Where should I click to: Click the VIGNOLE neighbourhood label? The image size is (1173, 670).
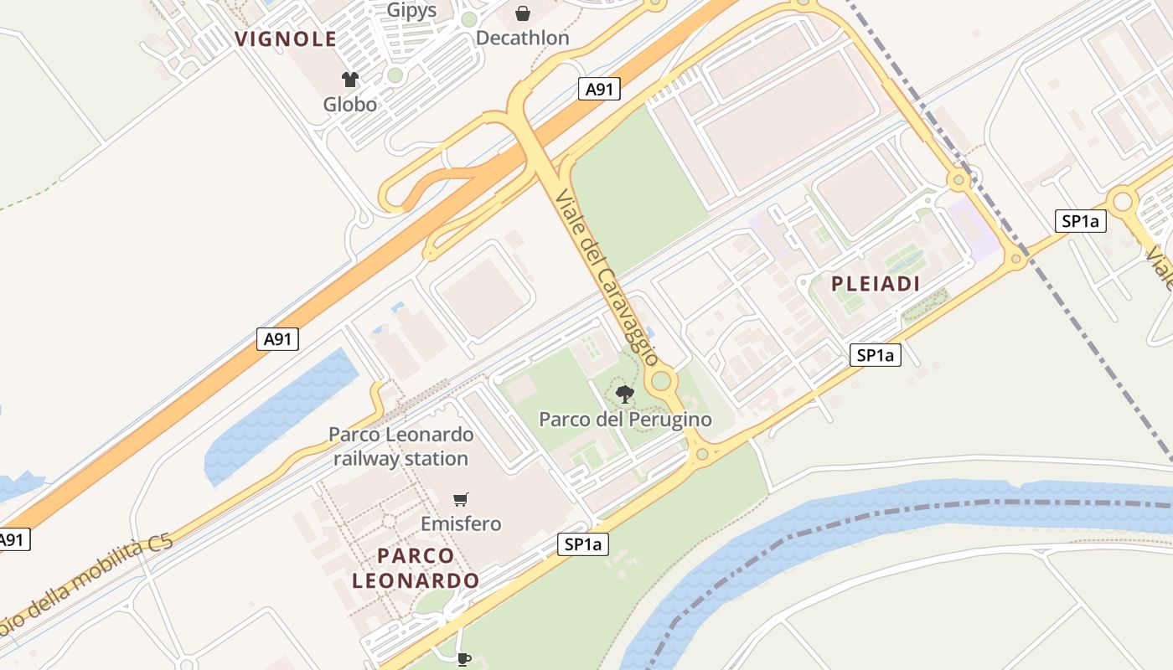tap(286, 39)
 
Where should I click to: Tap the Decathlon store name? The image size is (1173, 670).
tap(522, 38)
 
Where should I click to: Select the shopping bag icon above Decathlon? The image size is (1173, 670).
tap(523, 13)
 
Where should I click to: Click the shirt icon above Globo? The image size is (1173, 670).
tap(350, 80)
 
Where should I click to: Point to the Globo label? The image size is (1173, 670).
tap(350, 105)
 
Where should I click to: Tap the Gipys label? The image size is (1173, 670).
tap(411, 10)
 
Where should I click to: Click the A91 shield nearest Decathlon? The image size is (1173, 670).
tap(599, 89)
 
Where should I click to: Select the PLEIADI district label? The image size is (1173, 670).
tap(876, 284)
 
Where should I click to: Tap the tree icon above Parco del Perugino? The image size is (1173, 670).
tap(624, 394)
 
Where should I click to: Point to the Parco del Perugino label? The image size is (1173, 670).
tap(625, 419)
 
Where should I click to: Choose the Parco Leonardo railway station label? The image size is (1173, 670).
tap(400, 446)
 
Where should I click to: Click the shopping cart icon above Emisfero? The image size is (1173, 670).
tap(460, 500)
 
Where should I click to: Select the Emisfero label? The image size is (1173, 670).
tap(461, 524)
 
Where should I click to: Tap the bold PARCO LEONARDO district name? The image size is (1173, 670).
tap(416, 568)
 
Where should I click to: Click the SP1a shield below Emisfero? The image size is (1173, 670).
tap(583, 544)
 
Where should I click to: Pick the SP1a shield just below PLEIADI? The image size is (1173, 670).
tap(875, 355)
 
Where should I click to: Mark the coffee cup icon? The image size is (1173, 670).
tap(463, 659)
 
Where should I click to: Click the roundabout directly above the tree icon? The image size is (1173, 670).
tap(662, 381)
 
